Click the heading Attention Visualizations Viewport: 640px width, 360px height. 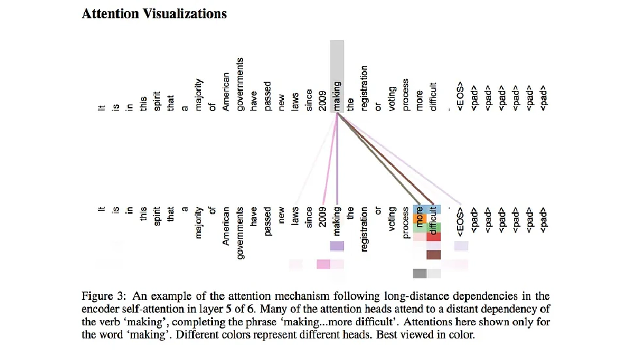click(154, 14)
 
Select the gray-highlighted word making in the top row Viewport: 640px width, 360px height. click(337, 95)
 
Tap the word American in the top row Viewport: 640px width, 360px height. click(226, 91)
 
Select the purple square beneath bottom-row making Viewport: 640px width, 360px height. click(337, 246)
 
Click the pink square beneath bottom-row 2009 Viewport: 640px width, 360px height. click(323, 264)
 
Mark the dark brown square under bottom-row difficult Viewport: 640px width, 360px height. click(434, 255)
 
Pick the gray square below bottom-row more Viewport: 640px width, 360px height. click(420, 273)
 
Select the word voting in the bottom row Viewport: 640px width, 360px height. click(392, 220)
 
